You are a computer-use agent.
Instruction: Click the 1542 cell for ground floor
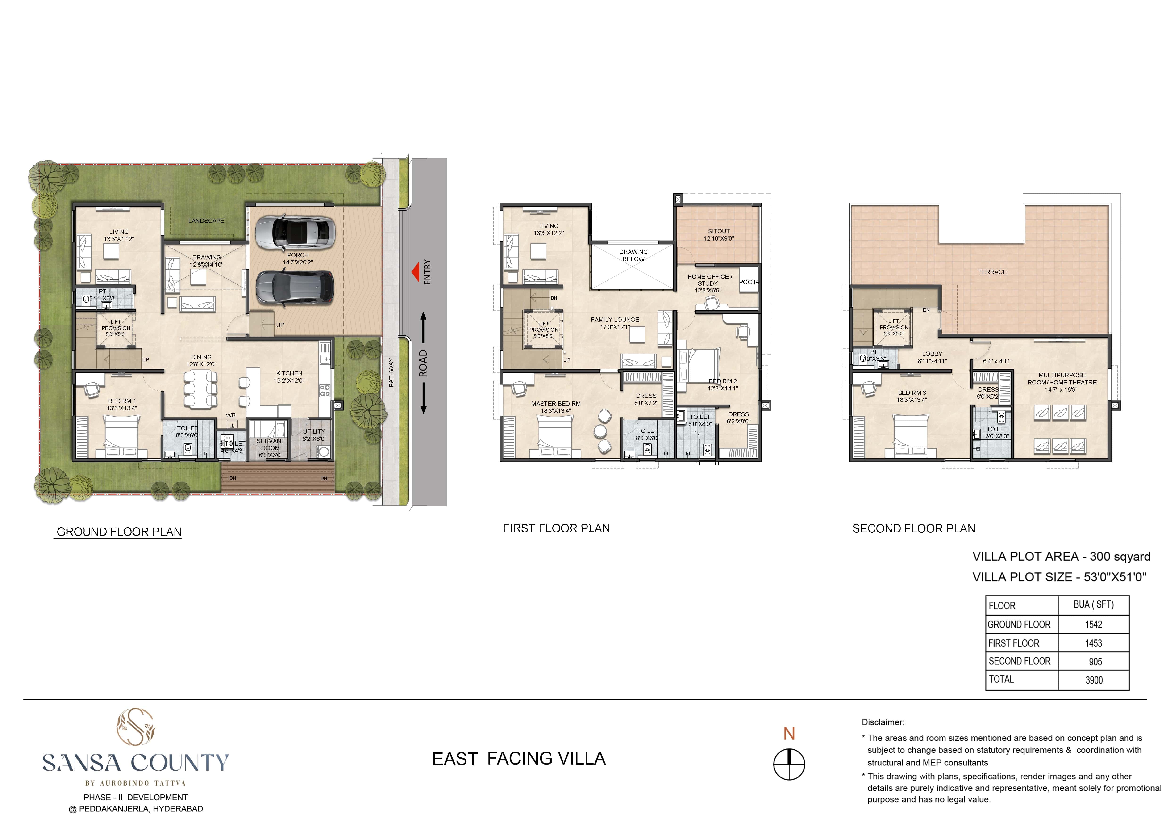1094,625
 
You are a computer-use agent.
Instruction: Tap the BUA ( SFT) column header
1094,605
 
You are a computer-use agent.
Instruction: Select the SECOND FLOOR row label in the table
1019,661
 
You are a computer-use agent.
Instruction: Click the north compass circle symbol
789,764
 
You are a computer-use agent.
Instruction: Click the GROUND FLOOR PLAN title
119,532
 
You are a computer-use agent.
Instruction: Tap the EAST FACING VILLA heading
519,759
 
